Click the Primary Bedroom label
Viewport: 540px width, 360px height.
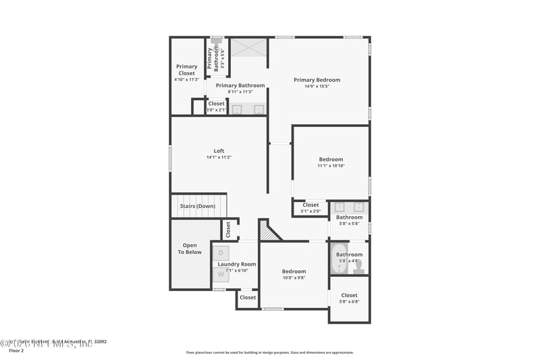317,80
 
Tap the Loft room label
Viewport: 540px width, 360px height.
219,151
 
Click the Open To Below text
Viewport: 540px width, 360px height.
190,249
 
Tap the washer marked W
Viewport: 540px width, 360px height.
221,274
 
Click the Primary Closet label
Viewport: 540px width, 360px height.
187,70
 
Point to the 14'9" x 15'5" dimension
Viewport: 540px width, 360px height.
317,86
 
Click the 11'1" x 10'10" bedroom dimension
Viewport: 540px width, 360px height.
331,165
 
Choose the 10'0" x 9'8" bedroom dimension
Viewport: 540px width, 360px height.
294,278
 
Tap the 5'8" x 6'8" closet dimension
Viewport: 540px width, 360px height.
349,301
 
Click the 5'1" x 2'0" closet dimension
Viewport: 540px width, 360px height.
310,211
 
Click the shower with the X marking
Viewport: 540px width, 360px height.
249,48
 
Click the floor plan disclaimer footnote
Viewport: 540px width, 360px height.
269,352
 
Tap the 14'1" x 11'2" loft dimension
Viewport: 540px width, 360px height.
219,157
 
